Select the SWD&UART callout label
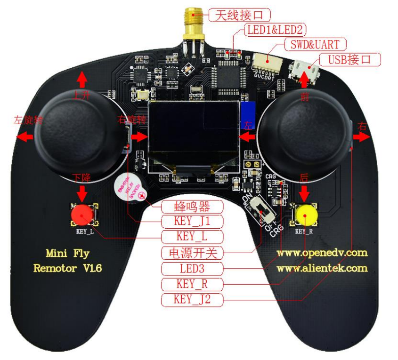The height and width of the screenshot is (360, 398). pos(315,44)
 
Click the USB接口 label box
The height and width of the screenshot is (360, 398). pos(349,59)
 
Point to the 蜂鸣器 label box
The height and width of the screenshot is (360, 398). pos(192,206)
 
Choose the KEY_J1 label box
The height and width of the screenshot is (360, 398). pos(192,221)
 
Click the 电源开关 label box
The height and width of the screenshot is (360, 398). pos(192,253)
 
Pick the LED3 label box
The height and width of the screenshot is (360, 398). pos(192,269)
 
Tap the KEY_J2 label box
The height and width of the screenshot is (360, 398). pos(192,299)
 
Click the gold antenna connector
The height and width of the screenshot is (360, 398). pos(192,24)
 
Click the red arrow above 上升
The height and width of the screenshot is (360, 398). pos(82,78)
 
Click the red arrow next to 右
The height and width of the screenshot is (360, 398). pos(361,136)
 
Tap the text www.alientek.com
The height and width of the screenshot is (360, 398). pos(322,268)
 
